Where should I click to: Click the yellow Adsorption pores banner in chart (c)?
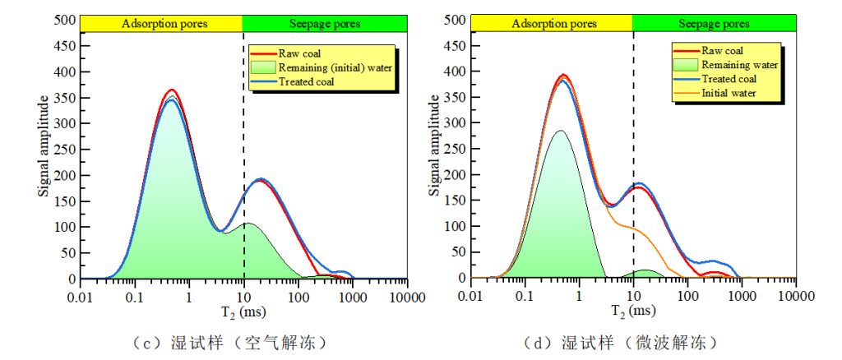click(x=164, y=23)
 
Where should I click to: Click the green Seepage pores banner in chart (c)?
click(x=326, y=23)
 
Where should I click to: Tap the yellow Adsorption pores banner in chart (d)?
click(x=553, y=23)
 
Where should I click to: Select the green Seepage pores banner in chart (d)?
click(x=715, y=23)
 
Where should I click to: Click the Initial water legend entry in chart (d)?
click(x=728, y=94)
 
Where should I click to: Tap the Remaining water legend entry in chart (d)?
click(x=737, y=65)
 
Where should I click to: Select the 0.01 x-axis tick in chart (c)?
click(x=81, y=296)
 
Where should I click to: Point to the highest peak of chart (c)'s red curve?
click(x=171, y=90)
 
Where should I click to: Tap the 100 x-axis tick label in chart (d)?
click(x=687, y=296)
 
